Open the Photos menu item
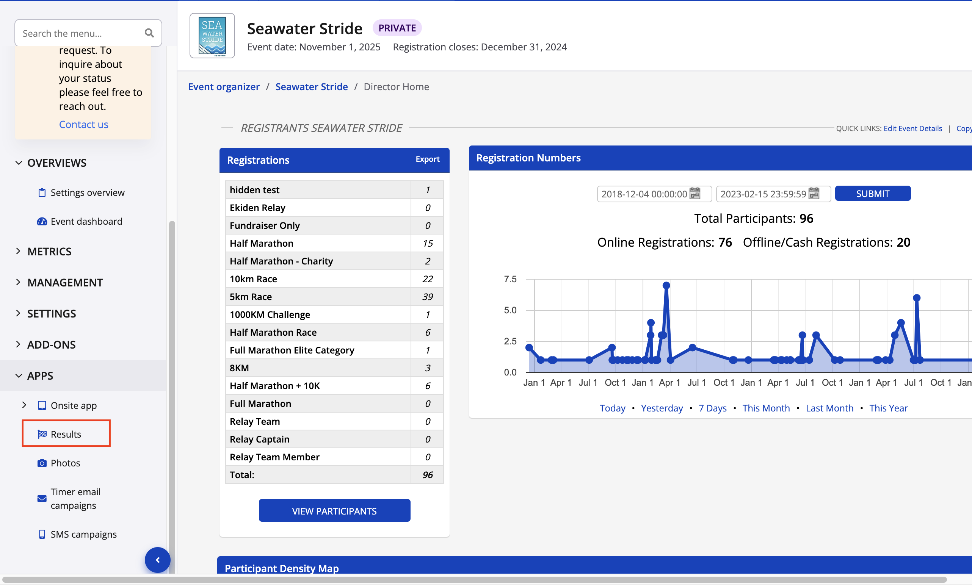click(65, 462)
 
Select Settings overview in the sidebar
click(87, 192)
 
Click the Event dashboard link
click(86, 221)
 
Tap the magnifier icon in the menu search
click(149, 33)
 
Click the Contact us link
click(84, 124)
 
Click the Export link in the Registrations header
click(427, 159)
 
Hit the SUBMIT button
click(872, 194)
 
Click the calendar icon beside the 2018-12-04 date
click(695, 194)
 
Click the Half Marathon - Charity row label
click(281, 261)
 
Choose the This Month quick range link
click(766, 408)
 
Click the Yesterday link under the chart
click(662, 408)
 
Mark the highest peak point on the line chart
click(666, 285)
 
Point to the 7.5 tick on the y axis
click(510, 279)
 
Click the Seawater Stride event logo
click(212, 36)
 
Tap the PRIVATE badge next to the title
click(397, 28)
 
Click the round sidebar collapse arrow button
click(158, 560)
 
